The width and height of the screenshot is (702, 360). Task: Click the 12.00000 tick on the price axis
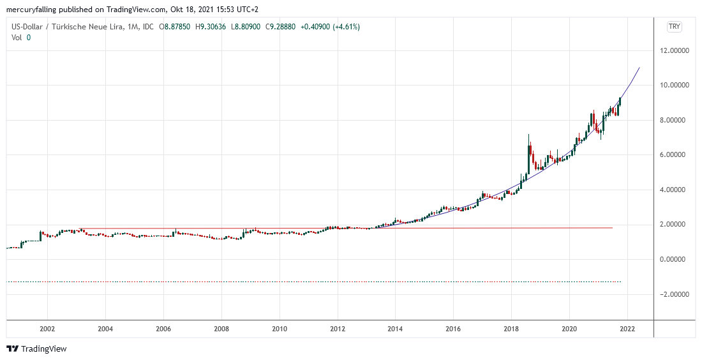tap(680, 50)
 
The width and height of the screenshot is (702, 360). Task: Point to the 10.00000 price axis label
tap(680, 85)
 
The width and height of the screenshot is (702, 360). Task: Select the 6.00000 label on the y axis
tap(680, 154)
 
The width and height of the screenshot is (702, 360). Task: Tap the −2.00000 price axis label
tap(678, 294)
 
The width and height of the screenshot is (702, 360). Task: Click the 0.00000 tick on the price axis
tap(680, 259)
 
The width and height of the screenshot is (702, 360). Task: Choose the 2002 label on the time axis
tap(47, 329)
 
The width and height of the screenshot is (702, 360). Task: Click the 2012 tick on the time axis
tap(337, 329)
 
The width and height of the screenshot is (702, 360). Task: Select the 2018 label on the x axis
tap(511, 329)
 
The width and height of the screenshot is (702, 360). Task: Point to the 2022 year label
tap(627, 329)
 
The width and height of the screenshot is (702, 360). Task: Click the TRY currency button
tap(674, 26)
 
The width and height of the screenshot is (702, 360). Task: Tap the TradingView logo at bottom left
tap(36, 349)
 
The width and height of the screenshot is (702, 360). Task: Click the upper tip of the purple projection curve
tap(639, 67)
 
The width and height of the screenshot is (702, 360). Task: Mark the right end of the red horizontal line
tap(613, 228)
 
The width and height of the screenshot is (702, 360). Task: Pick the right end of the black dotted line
tap(621, 281)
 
